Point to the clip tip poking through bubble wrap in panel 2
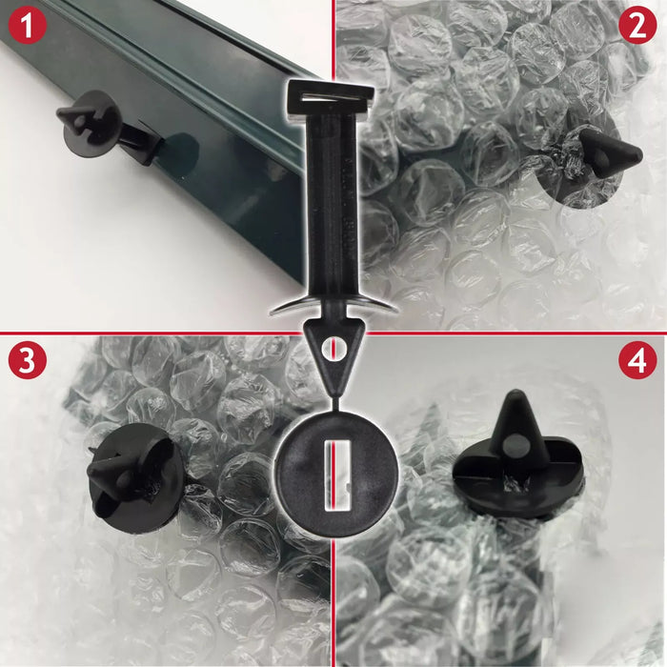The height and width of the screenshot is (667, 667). tap(610, 152)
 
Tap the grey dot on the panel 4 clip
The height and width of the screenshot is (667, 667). tap(515, 443)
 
